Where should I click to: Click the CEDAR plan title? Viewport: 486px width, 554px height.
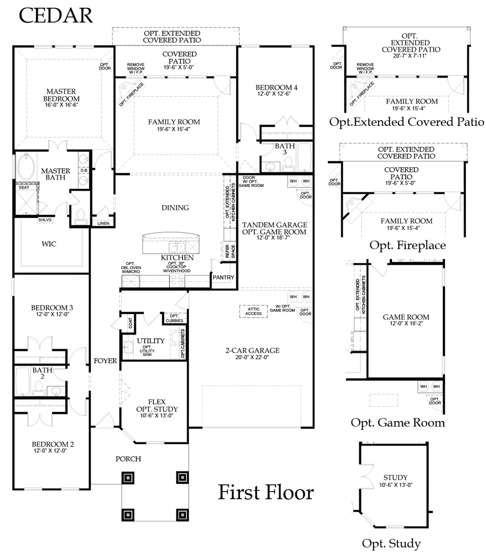pyautogui.click(x=55, y=16)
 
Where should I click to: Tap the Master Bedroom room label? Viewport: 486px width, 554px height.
pyautogui.click(x=61, y=95)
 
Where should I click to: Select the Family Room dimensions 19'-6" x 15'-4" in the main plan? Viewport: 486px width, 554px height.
pyautogui.click(x=173, y=129)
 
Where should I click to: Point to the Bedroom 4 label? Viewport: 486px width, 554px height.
pyautogui.click(x=276, y=87)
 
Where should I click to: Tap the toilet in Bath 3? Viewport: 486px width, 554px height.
pyautogui.click(x=289, y=163)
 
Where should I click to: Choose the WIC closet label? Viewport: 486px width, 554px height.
pyautogui.click(x=49, y=244)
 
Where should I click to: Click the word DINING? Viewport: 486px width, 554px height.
pyautogui.click(x=175, y=208)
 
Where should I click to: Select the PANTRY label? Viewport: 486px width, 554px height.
pyautogui.click(x=223, y=277)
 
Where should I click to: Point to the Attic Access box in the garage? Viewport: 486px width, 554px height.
pyautogui.click(x=253, y=311)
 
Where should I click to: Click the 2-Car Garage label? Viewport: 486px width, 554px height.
pyautogui.click(x=252, y=350)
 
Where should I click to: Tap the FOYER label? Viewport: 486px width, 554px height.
pyautogui.click(x=105, y=361)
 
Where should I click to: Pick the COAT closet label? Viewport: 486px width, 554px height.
pyautogui.click(x=130, y=323)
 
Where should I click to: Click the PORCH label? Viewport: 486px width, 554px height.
pyautogui.click(x=128, y=459)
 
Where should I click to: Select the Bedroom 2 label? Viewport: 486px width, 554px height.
pyautogui.click(x=53, y=444)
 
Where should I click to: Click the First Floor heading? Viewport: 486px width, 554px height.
pyautogui.click(x=266, y=492)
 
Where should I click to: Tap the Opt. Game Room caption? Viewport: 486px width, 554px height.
pyautogui.click(x=397, y=423)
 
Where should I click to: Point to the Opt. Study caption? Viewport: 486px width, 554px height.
pyautogui.click(x=391, y=543)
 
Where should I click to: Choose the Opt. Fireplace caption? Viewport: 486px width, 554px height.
pyautogui.click(x=408, y=245)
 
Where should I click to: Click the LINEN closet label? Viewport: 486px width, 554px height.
pyautogui.click(x=103, y=224)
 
